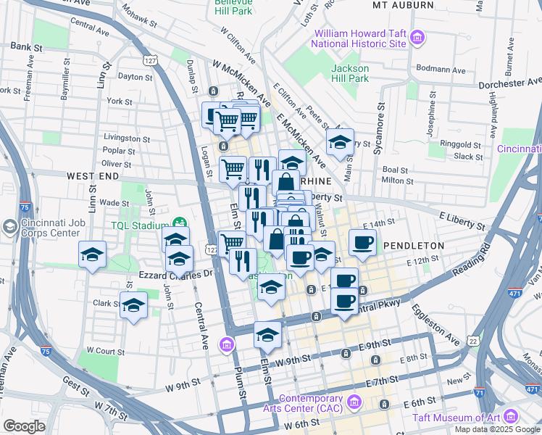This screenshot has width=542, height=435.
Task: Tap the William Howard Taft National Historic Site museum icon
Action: coord(417,37)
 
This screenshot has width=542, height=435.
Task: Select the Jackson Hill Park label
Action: coord(350,73)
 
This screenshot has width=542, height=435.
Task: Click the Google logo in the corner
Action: coord(25,426)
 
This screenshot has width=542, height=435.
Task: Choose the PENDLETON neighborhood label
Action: coord(414,246)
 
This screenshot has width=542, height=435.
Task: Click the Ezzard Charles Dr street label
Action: coord(177,275)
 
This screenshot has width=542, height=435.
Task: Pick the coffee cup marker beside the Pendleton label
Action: coord(363,243)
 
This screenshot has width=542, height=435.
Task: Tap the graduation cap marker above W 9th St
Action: coord(267,334)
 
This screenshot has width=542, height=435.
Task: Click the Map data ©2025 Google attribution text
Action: coord(498,429)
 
